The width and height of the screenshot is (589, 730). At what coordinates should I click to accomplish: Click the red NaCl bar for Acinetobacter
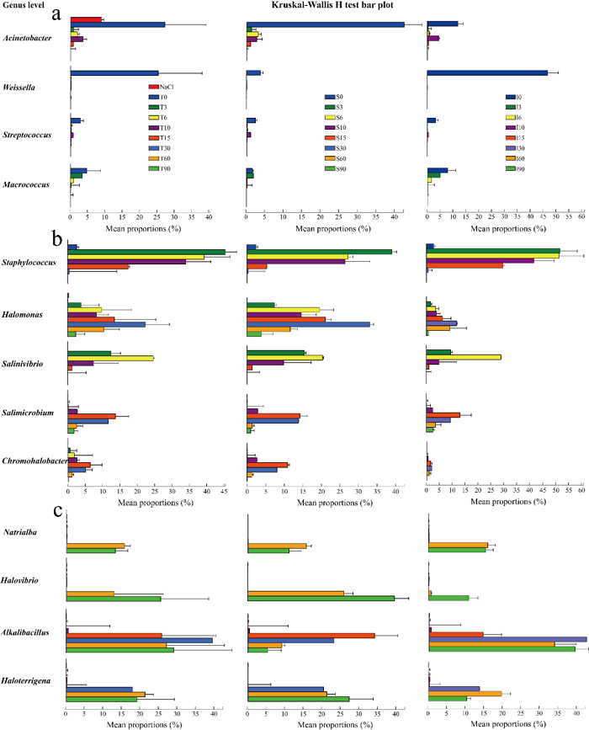click(85, 19)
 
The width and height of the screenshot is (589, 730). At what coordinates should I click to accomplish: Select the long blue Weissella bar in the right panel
click(487, 73)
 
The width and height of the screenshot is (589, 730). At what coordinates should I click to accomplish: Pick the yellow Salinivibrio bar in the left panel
click(110, 358)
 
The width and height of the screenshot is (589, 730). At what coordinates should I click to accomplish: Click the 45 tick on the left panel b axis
click(225, 488)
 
